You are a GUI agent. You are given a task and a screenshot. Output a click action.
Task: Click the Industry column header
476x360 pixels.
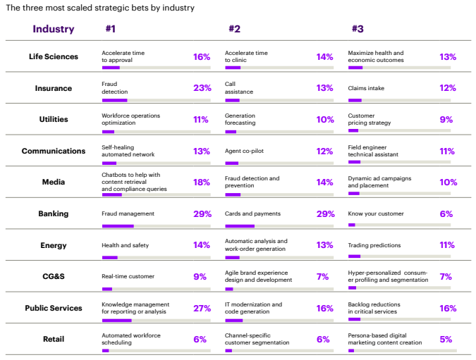click(53, 29)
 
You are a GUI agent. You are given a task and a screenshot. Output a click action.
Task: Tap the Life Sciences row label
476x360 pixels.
click(54, 56)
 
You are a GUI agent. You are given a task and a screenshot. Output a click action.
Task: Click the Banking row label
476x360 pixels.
click(54, 213)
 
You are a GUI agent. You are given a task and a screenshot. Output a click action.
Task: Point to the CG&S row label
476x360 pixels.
click(54, 276)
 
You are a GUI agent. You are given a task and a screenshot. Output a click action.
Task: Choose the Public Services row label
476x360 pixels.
click(54, 308)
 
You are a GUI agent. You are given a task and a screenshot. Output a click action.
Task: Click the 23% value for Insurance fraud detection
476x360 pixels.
click(202, 88)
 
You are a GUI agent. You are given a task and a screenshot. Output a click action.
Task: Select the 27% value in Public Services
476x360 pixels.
click(202, 308)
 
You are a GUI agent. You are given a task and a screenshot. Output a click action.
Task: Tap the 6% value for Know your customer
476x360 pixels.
click(446, 213)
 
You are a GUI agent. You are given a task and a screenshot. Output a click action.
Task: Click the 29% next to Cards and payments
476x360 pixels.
click(325, 213)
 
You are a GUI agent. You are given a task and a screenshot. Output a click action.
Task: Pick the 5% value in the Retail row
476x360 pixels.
click(446, 339)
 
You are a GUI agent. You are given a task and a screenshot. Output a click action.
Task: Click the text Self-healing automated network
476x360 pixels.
click(128, 151)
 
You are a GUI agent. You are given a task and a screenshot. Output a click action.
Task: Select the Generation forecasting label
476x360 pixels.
click(240, 119)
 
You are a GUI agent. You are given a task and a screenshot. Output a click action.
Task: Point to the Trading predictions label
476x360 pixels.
click(374, 245)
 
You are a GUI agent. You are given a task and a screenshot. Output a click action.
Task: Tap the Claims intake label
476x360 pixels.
click(366, 88)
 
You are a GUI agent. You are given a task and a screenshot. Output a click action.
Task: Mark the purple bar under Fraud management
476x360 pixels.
click(118, 226)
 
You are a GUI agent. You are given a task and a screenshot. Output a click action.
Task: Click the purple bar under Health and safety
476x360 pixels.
click(110, 257)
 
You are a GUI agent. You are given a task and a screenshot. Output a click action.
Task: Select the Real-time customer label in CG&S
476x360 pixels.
click(128, 276)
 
